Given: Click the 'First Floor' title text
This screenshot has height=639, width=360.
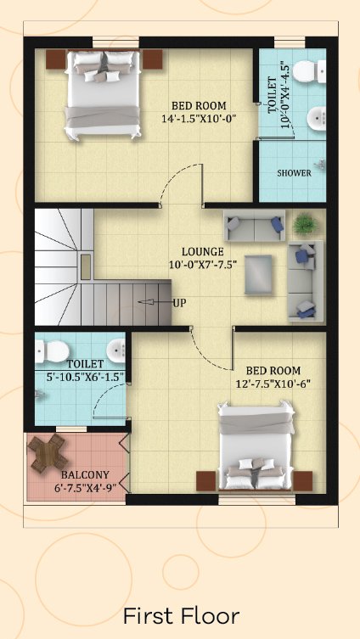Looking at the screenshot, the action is [x=181, y=616].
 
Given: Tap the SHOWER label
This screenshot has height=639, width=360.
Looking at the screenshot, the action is [x=294, y=173].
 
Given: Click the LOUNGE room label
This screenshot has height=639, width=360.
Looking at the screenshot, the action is [x=203, y=251].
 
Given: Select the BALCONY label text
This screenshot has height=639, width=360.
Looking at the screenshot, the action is [x=85, y=474].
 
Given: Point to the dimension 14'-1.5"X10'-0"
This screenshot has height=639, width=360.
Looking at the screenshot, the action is [x=200, y=119].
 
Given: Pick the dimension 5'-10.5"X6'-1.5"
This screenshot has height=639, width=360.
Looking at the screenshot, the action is [x=85, y=377].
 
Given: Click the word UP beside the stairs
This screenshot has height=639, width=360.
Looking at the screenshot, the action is [x=180, y=303].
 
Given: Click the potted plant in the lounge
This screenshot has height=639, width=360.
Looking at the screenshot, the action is [x=305, y=224].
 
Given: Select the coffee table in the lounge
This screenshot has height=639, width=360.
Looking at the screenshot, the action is [x=258, y=274].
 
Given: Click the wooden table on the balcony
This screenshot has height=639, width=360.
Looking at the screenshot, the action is [x=48, y=453].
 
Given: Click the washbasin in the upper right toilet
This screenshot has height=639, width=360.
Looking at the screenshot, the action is [x=317, y=119].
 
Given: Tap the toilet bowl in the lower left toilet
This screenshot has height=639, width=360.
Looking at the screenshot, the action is [x=52, y=351].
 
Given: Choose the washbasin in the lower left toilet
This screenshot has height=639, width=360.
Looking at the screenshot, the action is [x=116, y=350].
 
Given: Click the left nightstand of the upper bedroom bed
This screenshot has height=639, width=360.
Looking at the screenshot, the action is [x=56, y=59].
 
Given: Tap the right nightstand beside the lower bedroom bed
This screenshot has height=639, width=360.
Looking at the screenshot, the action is [x=303, y=481].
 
